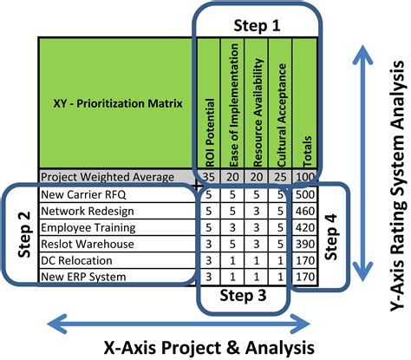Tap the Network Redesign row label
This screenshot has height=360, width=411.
(83, 211)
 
